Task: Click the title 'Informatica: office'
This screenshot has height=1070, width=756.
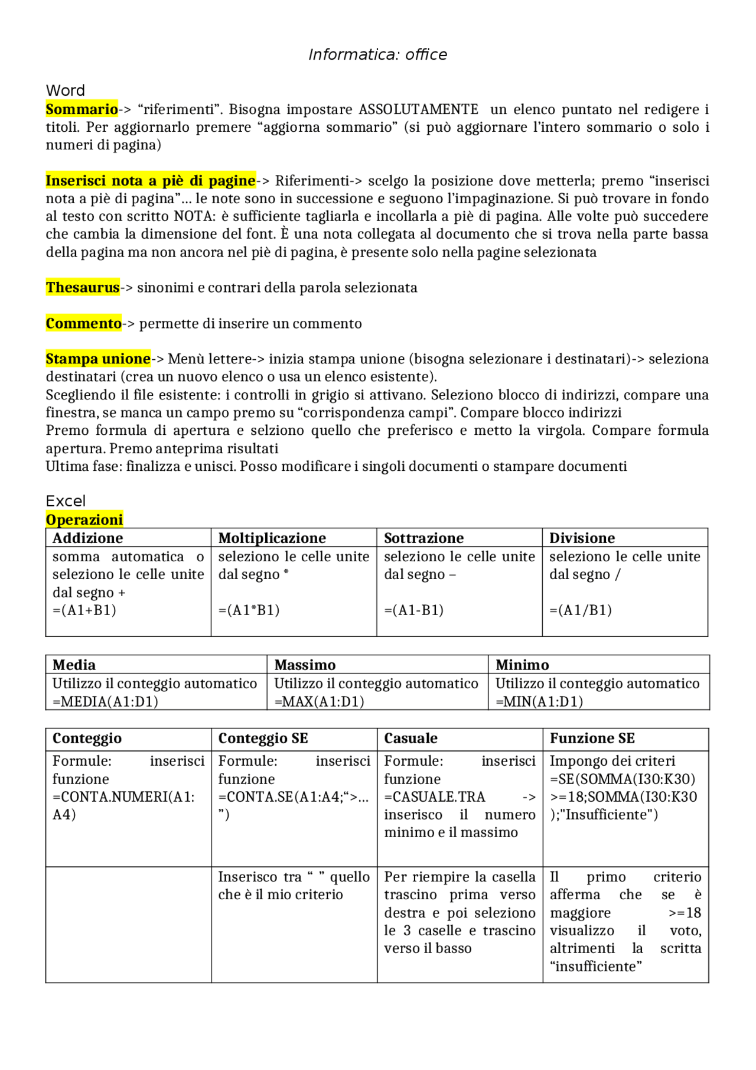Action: click(x=377, y=55)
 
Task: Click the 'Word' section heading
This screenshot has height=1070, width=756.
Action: click(x=66, y=90)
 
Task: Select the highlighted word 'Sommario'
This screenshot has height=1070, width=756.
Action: click(x=82, y=109)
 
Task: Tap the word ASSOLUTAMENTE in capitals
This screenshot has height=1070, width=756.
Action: click(x=419, y=109)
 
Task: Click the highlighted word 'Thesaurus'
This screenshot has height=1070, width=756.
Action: click(x=83, y=288)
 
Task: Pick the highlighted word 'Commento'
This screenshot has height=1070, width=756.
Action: click(x=84, y=323)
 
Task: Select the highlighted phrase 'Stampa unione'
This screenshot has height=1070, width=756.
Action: click(x=98, y=359)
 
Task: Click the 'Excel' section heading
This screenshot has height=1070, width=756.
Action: click(x=66, y=501)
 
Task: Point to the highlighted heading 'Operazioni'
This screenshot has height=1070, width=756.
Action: click(x=84, y=519)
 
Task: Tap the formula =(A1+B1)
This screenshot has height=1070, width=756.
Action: click(x=84, y=610)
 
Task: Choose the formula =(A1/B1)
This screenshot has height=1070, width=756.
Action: click(x=580, y=610)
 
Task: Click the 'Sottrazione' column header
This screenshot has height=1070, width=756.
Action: click(x=423, y=538)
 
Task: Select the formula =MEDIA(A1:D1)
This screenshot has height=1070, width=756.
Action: click(x=105, y=701)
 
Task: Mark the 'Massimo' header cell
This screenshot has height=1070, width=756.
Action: click(x=305, y=665)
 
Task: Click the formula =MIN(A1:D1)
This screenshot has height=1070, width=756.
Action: click(x=539, y=701)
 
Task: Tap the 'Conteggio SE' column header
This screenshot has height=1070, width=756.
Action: click(x=263, y=738)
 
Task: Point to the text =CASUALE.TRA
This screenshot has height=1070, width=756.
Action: click(x=434, y=796)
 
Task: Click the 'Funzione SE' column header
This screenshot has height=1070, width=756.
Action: click(x=592, y=738)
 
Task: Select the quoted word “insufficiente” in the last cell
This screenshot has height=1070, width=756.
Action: click(x=595, y=966)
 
